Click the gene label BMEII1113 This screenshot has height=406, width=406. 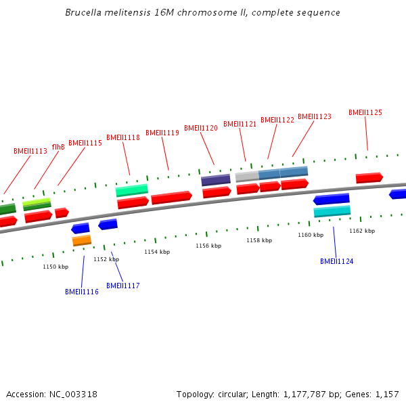30,151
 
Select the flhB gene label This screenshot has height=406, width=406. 58,147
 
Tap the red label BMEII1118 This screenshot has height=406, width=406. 123,137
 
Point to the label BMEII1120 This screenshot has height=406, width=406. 201,128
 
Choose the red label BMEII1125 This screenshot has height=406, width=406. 365,112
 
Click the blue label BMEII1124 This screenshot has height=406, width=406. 337,261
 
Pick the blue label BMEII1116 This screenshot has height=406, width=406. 82,292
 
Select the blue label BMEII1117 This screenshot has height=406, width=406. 123,286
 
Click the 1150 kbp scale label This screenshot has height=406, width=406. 55,267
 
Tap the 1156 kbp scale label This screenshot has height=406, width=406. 208,246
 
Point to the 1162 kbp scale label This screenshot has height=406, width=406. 362,231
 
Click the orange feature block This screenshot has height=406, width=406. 82,240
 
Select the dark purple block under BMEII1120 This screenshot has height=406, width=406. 216,180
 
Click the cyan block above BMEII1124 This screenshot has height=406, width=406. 332,211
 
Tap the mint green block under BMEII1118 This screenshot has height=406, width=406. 132,190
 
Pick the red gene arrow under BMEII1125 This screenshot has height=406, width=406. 369,178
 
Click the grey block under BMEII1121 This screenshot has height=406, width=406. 247,176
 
